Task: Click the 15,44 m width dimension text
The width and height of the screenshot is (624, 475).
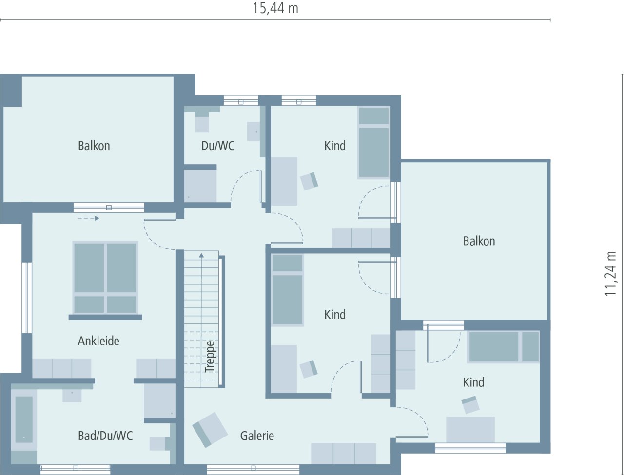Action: [x=275, y=8]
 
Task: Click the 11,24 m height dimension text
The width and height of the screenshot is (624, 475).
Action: [x=610, y=273]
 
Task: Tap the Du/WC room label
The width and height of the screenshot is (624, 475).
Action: [x=218, y=146]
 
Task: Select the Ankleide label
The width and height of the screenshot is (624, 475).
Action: [x=98, y=341]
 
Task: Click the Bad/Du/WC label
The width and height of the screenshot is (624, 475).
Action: [x=105, y=436]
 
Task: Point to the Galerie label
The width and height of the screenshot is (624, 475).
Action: [x=257, y=436]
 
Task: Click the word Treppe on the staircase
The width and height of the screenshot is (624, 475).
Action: [x=210, y=357]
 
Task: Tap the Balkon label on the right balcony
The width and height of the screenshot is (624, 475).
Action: [x=479, y=241]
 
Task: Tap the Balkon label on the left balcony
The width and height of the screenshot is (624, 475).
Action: [x=94, y=146]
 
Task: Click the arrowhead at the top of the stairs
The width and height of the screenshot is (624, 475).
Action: [x=201, y=255]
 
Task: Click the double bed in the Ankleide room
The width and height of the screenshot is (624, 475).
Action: [x=105, y=278]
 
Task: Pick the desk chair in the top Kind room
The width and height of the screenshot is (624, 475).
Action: [x=309, y=181]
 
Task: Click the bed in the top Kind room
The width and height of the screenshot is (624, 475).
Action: [x=374, y=143]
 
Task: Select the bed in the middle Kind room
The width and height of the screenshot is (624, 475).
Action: [x=287, y=290]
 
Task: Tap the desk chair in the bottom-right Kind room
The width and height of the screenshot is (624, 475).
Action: [x=470, y=404]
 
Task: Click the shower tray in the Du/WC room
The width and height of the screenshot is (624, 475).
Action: [x=200, y=185]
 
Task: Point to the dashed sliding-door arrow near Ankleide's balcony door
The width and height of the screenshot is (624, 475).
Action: [x=88, y=218]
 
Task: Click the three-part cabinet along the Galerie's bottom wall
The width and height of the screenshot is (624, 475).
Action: [x=344, y=453]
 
